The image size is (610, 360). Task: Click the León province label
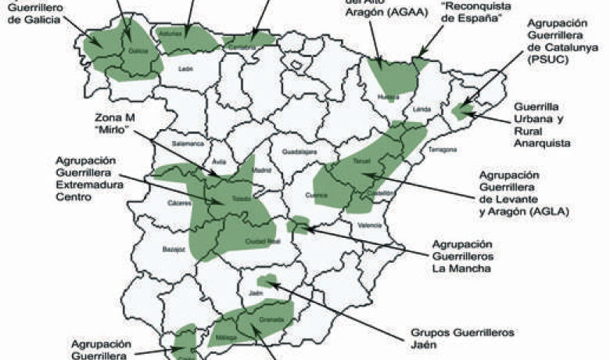point(185,70)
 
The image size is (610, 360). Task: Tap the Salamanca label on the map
point(188,144)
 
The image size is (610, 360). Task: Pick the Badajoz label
point(174,250)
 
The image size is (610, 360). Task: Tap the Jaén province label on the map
point(255,293)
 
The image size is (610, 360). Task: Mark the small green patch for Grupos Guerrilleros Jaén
point(267,279)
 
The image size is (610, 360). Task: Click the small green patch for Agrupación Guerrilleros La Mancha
point(296,227)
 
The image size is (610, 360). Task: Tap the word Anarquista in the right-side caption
point(541,143)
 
